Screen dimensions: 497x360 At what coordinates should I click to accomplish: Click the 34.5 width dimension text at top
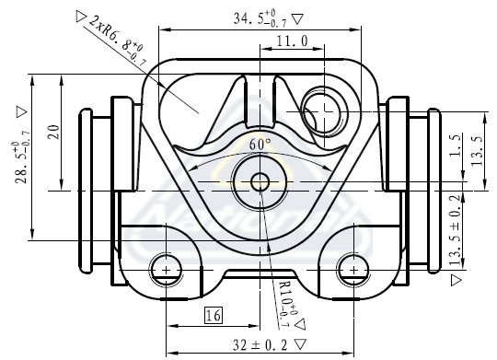[260, 18]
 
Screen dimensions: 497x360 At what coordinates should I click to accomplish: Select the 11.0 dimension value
[292, 41]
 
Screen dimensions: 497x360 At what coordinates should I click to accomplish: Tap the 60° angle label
[260, 145]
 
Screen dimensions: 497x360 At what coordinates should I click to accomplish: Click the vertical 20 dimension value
[54, 132]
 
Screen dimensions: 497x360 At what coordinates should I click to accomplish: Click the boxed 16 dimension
[214, 315]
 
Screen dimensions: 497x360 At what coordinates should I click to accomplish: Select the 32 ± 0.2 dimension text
[260, 344]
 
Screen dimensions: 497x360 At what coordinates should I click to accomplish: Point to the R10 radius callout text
[288, 304]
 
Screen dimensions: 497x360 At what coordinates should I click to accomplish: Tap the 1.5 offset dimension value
[455, 145]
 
